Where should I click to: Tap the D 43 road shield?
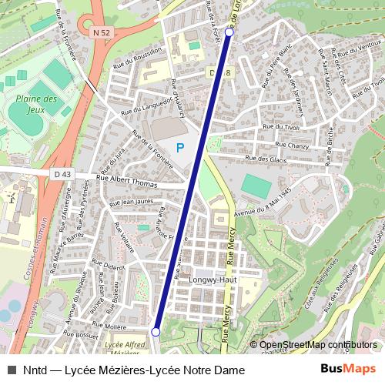tap(62, 175)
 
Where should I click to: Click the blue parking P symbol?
tap(180, 147)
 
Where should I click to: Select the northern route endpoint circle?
tap(229, 33)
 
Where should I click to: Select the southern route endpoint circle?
tap(156, 332)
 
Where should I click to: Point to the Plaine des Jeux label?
tap(36, 105)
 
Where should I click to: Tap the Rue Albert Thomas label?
tap(126, 182)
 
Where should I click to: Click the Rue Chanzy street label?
tap(292, 144)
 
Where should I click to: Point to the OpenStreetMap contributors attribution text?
tap(318, 345)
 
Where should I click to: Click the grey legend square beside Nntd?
tap(11, 370)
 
